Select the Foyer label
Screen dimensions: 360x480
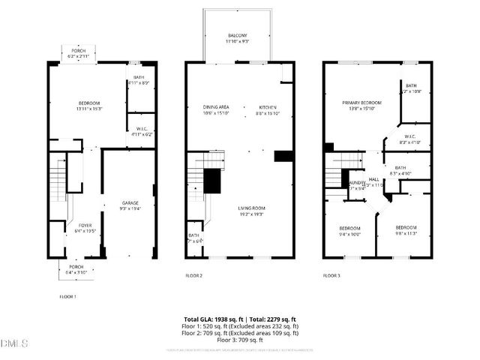(78, 227)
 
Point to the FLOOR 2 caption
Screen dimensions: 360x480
(194, 275)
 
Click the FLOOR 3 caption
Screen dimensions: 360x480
(331, 275)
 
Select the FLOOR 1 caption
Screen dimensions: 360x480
(68, 297)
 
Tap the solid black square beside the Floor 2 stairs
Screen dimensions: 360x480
(213, 180)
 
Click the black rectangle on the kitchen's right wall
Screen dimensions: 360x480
(283, 156)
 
